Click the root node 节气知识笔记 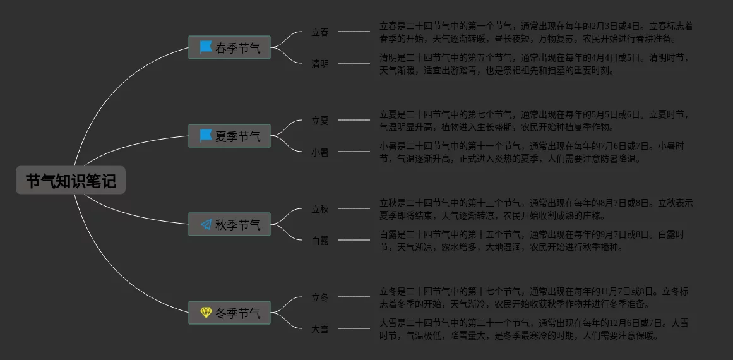[71, 181]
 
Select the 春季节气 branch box [230, 47]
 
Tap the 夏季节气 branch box [230, 136]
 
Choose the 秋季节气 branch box [230, 224]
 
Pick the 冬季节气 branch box [230, 313]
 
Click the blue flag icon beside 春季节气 [206, 47]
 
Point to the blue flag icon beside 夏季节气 [206, 136]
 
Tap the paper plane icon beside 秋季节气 [206, 224]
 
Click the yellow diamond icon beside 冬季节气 [206, 313]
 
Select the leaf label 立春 [320, 32]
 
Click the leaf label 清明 [320, 63]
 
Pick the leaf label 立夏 [320, 120]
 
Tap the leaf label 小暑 [320, 152]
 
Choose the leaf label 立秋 [320, 208]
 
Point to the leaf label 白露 [320, 240]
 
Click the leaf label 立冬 [320, 297]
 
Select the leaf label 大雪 [320, 328]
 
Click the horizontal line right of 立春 [354, 31]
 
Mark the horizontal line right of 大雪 [354, 328]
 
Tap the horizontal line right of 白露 [354, 239]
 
